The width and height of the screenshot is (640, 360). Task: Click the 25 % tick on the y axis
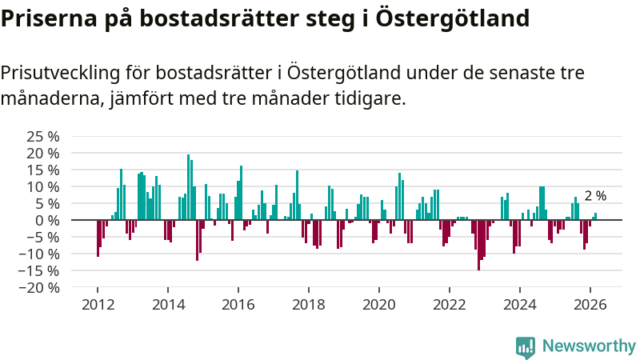[x=43, y=135]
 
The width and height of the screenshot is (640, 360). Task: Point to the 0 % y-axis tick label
[x=47, y=220]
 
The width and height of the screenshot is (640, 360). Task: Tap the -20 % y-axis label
[x=39, y=287]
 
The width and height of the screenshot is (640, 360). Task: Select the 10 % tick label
[x=43, y=186]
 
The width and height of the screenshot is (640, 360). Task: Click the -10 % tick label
[x=39, y=254]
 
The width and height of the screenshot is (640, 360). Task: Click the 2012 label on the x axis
[x=98, y=305]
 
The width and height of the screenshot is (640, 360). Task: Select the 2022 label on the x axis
[x=450, y=305]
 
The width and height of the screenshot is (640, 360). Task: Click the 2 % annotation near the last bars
[x=595, y=196]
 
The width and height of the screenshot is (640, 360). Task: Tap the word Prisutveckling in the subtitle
[x=60, y=73]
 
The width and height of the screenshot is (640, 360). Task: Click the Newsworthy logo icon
[x=526, y=346]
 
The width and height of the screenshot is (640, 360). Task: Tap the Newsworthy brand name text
[x=589, y=346]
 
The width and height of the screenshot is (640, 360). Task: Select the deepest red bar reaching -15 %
[x=479, y=245]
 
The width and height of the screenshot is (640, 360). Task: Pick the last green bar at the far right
[x=596, y=216]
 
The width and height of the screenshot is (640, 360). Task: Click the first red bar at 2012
[x=98, y=238]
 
